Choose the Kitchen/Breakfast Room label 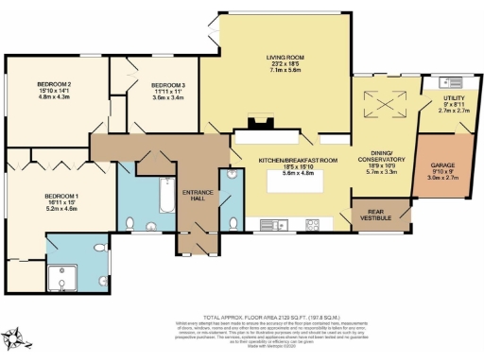[x=290, y=161]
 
